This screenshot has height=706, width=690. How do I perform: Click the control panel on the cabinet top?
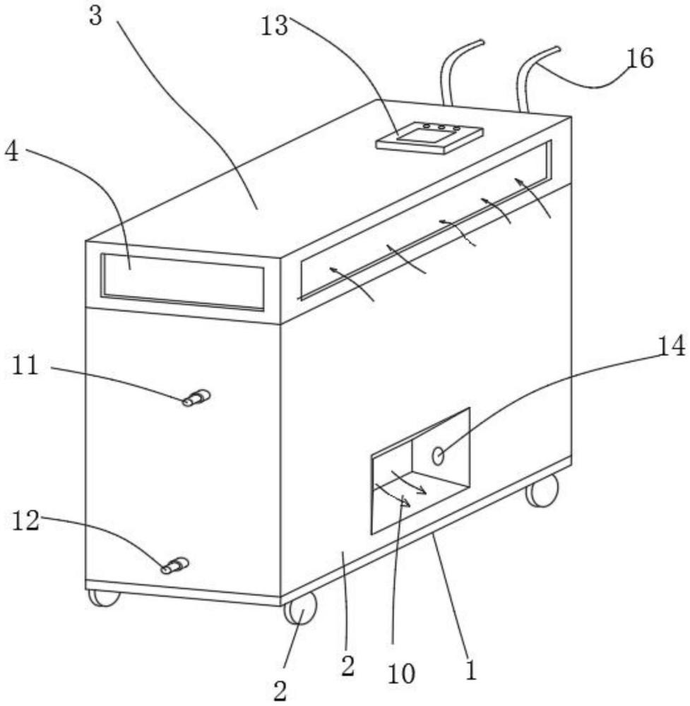429,137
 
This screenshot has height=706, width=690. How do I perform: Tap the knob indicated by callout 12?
175,566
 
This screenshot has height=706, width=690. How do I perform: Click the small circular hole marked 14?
438,456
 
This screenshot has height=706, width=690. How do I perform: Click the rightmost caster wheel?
542,490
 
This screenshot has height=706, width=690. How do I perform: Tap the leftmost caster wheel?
104,598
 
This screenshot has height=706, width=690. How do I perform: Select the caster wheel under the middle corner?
300,609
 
